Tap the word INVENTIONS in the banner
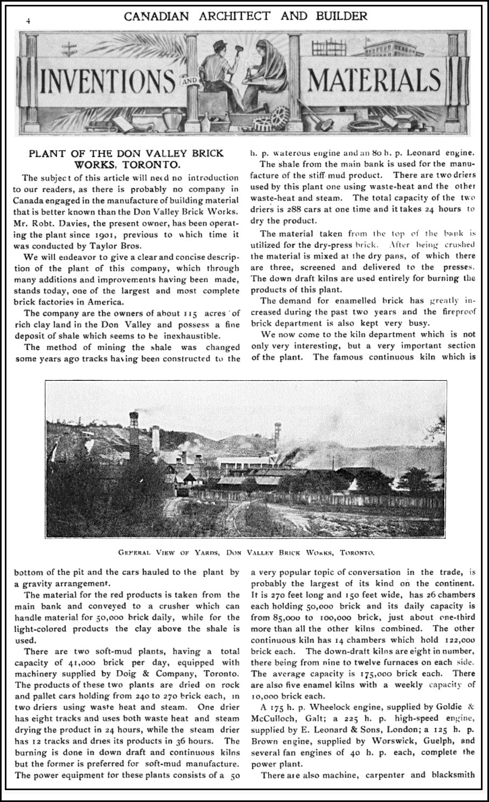click(106, 81)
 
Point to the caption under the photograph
click(246, 552)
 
